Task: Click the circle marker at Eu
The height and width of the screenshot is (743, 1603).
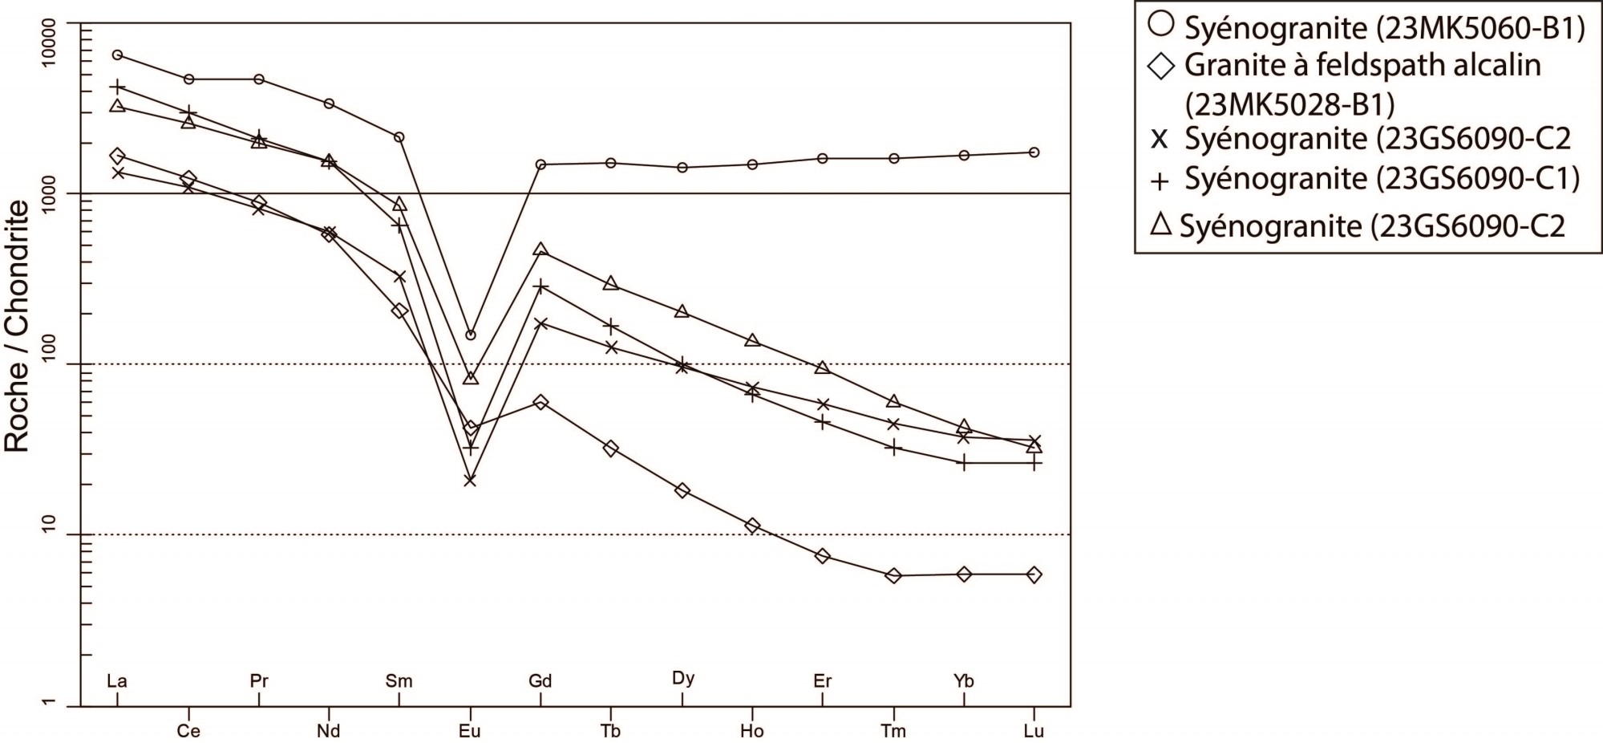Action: click(471, 335)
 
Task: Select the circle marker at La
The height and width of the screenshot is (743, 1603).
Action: click(117, 55)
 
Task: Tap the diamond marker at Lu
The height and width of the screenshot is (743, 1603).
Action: click(1034, 575)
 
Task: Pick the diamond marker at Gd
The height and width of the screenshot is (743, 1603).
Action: click(540, 402)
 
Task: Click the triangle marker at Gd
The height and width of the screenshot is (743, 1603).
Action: click(540, 250)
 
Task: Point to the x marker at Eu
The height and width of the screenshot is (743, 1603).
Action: click(470, 480)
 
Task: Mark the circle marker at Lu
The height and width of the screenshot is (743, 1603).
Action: click(1034, 152)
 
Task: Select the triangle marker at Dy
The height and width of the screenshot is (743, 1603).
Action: click(682, 311)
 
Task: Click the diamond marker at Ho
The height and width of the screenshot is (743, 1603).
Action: click(752, 526)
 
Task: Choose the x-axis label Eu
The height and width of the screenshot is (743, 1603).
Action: click(470, 731)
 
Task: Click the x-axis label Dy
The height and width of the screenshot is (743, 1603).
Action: click(682, 678)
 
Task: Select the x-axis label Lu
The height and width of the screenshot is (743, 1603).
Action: click(1034, 731)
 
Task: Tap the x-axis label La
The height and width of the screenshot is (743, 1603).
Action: click(117, 681)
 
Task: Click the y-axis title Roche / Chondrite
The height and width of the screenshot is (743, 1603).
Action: click(18, 327)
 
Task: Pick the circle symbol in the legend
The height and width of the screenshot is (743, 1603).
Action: click(1160, 26)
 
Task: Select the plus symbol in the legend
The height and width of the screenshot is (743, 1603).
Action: click(1160, 181)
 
